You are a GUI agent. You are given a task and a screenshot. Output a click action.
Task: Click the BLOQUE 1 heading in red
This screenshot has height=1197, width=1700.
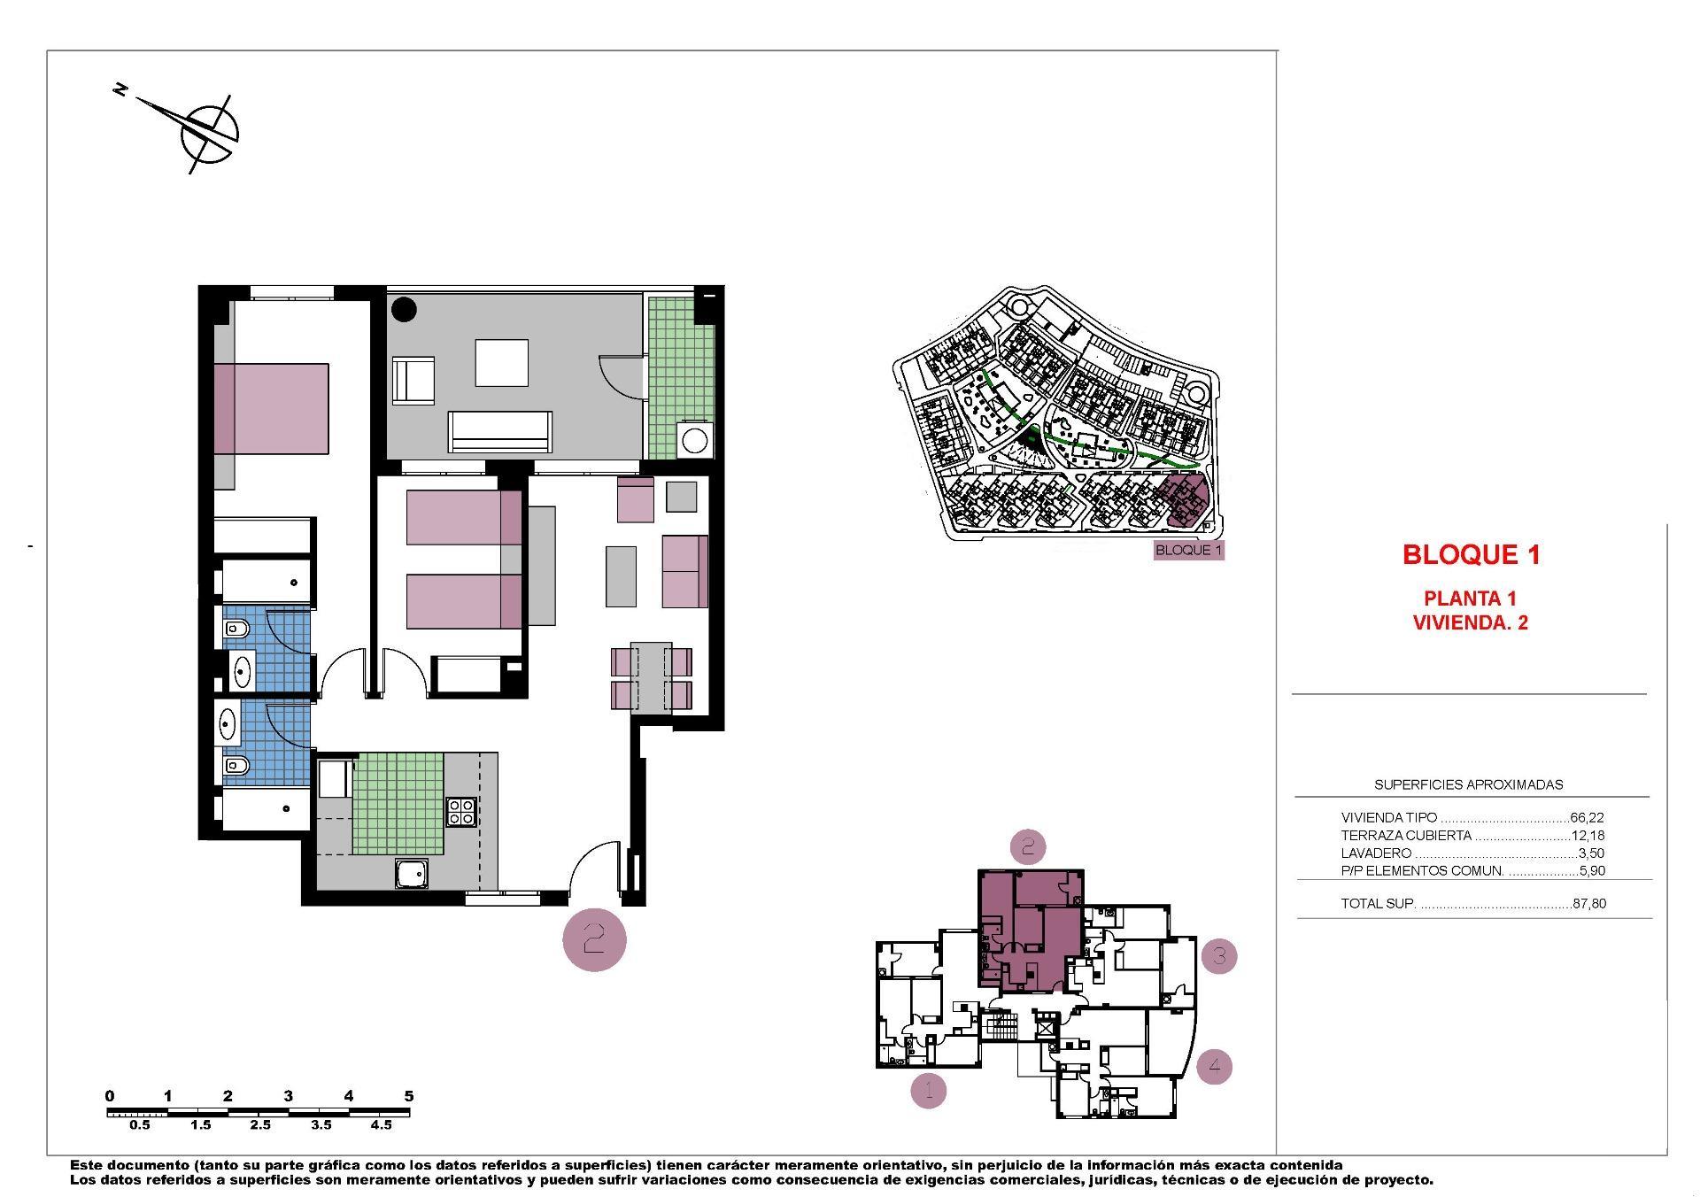(1471, 555)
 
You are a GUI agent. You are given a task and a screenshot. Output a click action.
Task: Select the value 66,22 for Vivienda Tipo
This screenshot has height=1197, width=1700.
(1587, 818)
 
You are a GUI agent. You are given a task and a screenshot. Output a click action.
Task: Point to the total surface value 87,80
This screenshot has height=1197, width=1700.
(1588, 904)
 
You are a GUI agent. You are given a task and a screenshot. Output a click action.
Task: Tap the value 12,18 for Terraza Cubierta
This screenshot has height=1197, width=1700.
(1588, 836)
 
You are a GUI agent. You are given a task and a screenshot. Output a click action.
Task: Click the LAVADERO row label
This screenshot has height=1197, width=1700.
(1376, 853)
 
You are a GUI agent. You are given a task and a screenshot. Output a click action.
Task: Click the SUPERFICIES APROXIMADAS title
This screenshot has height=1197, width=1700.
(1468, 784)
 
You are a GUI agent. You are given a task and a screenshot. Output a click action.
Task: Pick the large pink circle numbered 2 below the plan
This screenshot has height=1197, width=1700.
(594, 939)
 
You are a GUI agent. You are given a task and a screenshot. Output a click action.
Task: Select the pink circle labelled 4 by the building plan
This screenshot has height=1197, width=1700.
(1214, 1066)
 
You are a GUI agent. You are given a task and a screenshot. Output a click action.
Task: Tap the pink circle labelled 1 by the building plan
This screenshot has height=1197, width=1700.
(929, 1091)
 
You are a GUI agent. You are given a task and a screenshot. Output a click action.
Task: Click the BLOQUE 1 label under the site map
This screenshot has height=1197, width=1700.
(1188, 551)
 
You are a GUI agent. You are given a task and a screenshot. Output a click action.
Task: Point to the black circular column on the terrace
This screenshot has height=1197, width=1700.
(404, 309)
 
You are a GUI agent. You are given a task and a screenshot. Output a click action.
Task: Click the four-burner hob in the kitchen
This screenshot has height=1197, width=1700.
(460, 812)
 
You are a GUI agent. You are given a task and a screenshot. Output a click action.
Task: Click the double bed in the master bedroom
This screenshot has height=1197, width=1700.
(271, 408)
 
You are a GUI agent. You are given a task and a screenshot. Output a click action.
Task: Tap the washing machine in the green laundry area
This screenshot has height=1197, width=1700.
(694, 440)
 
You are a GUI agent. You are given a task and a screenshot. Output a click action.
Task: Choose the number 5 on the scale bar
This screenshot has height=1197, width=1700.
(409, 1096)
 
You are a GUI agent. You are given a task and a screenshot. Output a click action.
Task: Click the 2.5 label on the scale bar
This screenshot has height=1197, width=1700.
(260, 1125)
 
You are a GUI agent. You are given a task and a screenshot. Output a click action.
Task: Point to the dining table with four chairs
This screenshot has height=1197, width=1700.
(652, 678)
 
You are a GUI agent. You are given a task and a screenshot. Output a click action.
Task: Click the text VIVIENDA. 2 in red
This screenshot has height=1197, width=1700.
(1470, 622)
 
